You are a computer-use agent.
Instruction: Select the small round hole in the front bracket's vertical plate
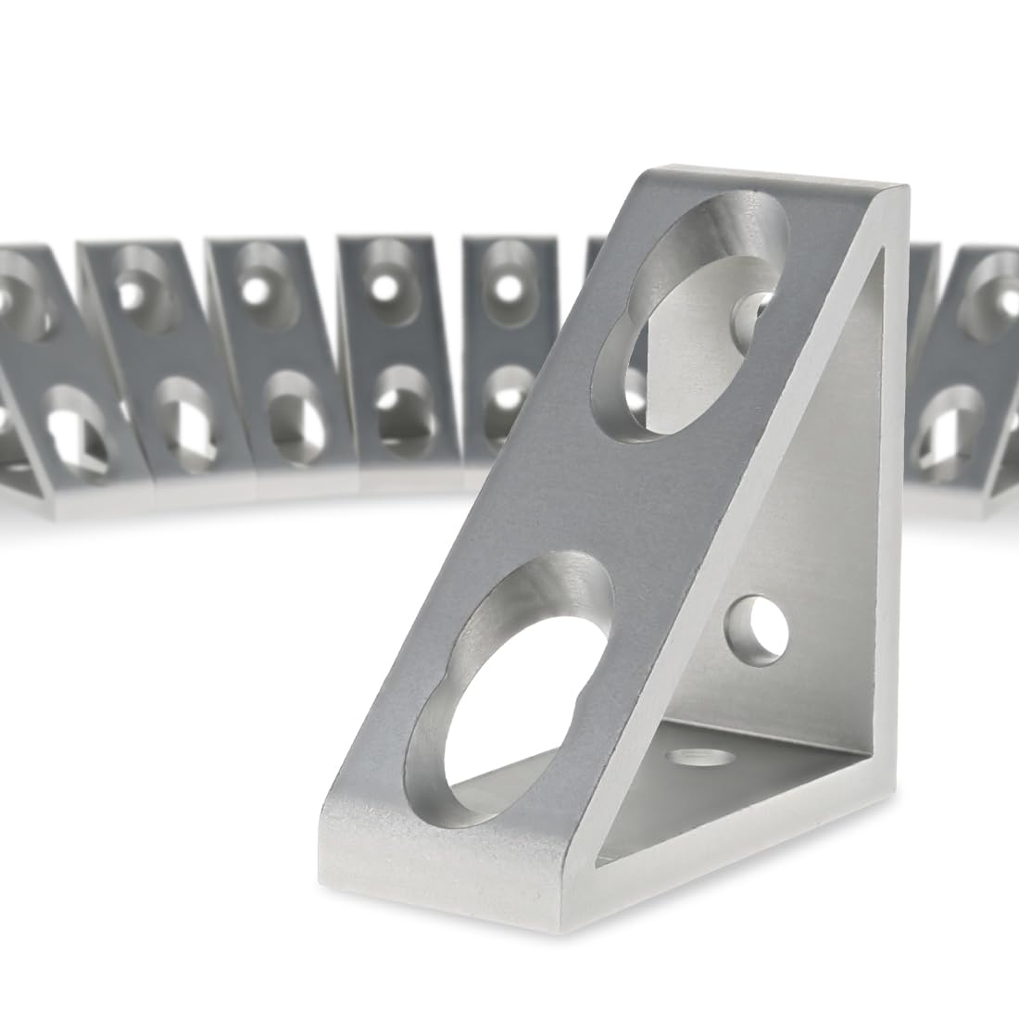coord(759,634)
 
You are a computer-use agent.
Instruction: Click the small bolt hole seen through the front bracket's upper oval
coord(750,315)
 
